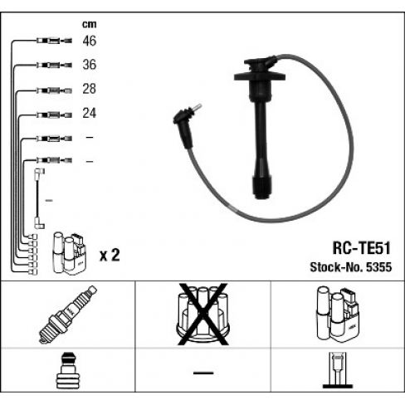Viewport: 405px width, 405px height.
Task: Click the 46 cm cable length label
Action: (90, 41)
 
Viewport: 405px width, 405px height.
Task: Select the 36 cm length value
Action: (90, 65)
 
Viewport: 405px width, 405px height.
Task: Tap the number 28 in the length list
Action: (90, 89)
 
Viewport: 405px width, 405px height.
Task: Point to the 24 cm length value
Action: (90, 113)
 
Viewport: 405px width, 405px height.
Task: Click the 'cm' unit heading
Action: (90, 24)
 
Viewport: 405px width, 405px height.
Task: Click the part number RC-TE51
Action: (361, 248)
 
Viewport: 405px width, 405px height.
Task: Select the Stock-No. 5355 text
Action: (351, 267)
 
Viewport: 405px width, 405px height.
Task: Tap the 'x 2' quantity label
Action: (110, 255)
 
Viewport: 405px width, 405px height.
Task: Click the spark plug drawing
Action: (68, 315)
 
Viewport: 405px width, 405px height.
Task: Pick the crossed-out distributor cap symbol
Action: (203, 314)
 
